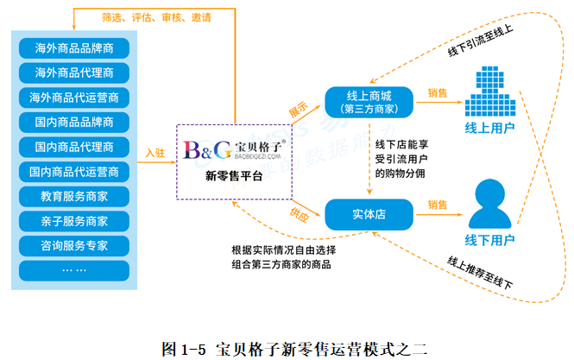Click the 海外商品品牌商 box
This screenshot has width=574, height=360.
point(74,47)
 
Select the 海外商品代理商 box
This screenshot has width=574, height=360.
point(74,72)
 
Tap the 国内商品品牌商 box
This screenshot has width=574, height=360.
point(74,122)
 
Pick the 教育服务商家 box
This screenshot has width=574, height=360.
point(74,196)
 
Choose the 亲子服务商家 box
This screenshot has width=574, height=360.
point(74,221)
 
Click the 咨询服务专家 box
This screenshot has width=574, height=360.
point(74,245)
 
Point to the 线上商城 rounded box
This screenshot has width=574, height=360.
point(369,102)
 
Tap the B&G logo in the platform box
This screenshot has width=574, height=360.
point(207,150)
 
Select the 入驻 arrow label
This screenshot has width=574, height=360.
point(155,152)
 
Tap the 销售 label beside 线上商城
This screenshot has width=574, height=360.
point(438,92)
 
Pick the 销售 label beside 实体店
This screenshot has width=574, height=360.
point(438,205)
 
